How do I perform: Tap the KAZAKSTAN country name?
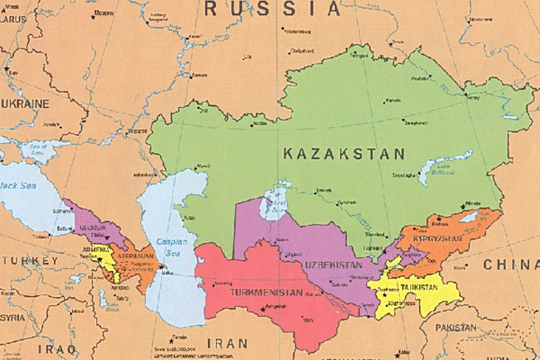click(345, 154)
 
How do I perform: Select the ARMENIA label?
click(96, 249)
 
